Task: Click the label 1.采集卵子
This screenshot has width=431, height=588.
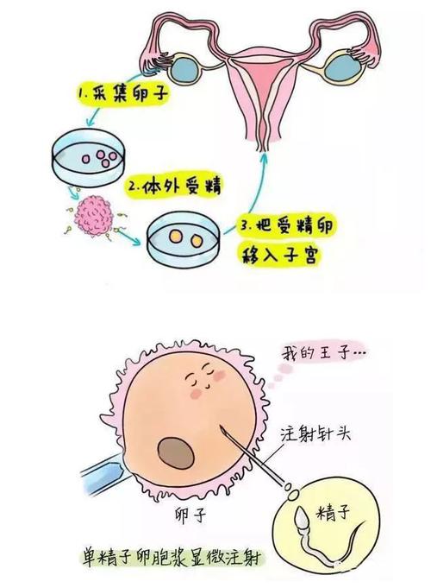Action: point(122,94)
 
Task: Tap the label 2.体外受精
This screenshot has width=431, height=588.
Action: point(174,186)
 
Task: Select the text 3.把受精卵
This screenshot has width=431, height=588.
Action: point(285,226)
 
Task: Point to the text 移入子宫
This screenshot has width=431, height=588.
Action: point(280,255)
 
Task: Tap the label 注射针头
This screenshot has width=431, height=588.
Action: point(315,433)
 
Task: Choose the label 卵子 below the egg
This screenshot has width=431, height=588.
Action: point(191,515)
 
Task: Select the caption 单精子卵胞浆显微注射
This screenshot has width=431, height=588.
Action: point(172,560)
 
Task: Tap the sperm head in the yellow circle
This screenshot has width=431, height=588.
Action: point(302,519)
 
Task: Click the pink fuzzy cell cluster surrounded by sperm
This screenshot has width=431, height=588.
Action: point(93,217)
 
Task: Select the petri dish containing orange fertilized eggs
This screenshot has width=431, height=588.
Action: point(184,240)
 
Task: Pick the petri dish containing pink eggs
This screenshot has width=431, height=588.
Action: point(89,158)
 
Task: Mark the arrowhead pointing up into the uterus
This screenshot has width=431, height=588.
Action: point(265,157)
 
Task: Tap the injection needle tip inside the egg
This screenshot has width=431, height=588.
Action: point(221,427)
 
